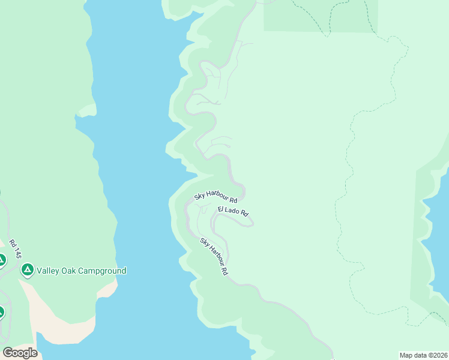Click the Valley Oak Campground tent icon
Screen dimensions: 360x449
tap(27, 271)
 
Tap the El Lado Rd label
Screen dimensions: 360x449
tap(233, 211)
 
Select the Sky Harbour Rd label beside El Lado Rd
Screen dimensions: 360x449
tap(215, 196)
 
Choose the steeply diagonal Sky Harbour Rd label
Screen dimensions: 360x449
tap(214, 257)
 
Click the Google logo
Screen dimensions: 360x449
tap(20, 353)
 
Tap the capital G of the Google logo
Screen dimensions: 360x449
tap(8, 353)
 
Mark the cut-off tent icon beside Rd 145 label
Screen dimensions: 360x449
tap(2, 260)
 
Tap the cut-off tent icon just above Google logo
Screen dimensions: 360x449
tap(2, 312)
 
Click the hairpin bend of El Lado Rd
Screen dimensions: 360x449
tap(252, 223)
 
